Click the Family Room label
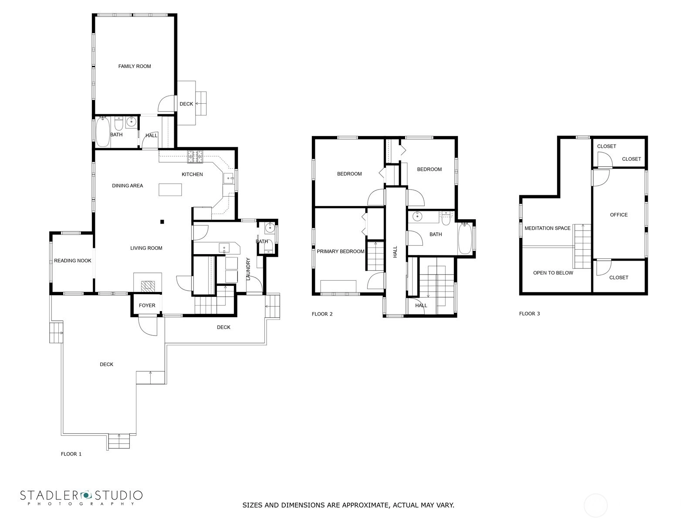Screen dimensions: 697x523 coord(134,66)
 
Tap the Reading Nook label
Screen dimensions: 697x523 coord(72,261)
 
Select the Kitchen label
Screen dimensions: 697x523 coord(192,174)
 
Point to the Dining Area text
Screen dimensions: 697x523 coord(127,186)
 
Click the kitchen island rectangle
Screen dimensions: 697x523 coord(170,190)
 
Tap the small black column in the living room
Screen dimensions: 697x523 coord(162,222)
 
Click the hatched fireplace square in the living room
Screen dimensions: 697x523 coord(148,286)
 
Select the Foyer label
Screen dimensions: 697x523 coord(147,306)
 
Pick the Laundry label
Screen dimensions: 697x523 coord(248,269)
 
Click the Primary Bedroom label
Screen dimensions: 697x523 coord(340,251)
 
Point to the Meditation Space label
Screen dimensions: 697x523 coord(548,228)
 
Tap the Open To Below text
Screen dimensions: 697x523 coord(553,273)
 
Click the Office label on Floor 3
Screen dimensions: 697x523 coord(619,215)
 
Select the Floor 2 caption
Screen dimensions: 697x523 coord(322,314)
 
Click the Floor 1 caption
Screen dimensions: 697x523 coord(71,454)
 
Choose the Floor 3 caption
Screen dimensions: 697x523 coord(529,314)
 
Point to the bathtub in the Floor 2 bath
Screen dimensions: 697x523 coord(465,238)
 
